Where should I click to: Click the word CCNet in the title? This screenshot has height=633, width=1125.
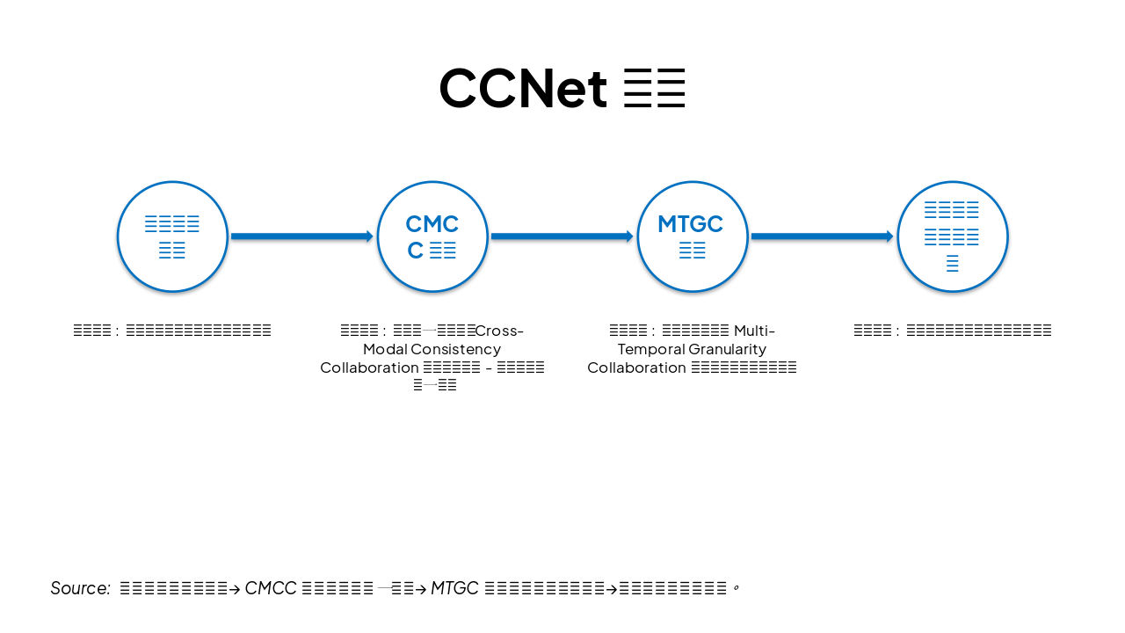tap(523, 89)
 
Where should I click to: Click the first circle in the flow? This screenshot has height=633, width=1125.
tap(172, 236)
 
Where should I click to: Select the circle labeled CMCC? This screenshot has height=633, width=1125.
tap(432, 236)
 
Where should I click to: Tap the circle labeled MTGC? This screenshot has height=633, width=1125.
tap(693, 236)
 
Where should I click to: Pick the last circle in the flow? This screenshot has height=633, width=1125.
tap(953, 236)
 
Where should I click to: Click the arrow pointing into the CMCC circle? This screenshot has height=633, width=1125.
tap(301, 236)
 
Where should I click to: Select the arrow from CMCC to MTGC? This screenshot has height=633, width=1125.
tap(562, 236)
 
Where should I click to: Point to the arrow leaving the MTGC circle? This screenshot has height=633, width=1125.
tap(822, 236)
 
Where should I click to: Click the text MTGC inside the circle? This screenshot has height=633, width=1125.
tap(690, 224)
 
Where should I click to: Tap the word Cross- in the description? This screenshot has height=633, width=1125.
tap(499, 331)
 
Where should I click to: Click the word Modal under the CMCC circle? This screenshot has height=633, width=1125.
tap(384, 349)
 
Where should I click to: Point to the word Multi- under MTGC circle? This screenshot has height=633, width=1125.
tap(754, 331)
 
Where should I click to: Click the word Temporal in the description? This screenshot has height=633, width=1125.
tap(650, 349)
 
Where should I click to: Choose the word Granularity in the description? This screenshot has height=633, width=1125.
tap(728, 349)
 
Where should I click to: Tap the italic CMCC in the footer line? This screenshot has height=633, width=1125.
tap(271, 588)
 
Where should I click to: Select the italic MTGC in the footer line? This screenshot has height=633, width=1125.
tap(454, 588)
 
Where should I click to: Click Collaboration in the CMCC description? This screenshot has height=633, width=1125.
tap(369, 367)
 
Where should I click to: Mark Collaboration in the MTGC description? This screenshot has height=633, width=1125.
tap(636, 367)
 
